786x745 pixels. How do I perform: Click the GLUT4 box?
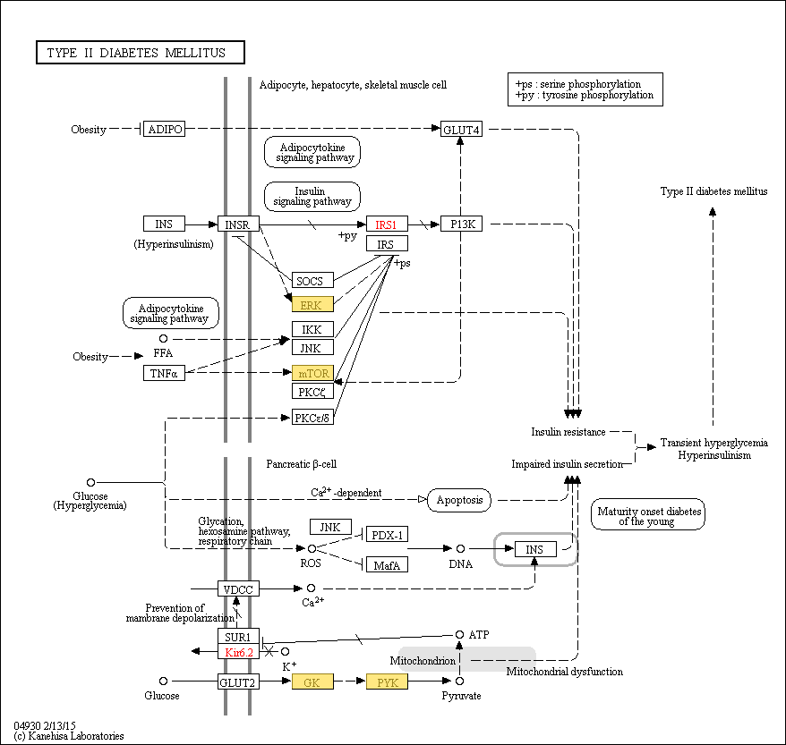point(461,129)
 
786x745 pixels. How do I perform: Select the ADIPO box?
point(164,129)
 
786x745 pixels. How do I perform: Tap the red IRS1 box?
point(387,224)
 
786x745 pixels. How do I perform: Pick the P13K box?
point(461,224)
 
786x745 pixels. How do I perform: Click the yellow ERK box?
point(312,304)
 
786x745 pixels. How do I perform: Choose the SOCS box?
point(312,280)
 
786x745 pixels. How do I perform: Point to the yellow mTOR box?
point(312,373)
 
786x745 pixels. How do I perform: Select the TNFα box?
point(164,373)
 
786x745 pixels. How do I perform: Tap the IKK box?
point(312,329)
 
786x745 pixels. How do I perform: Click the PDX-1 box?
point(387,534)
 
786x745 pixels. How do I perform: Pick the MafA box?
point(387,564)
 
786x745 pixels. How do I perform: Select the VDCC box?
point(238,588)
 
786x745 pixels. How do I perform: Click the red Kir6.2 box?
point(238,652)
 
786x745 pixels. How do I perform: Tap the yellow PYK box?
point(387,682)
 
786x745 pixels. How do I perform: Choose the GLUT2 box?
point(238,682)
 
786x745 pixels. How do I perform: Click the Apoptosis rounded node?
point(459,500)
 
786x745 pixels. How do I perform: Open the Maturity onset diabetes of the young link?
point(647,513)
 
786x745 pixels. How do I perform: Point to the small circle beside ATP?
point(459,634)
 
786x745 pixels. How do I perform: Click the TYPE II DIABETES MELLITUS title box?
point(141,52)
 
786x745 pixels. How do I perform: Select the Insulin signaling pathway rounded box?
point(312,196)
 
